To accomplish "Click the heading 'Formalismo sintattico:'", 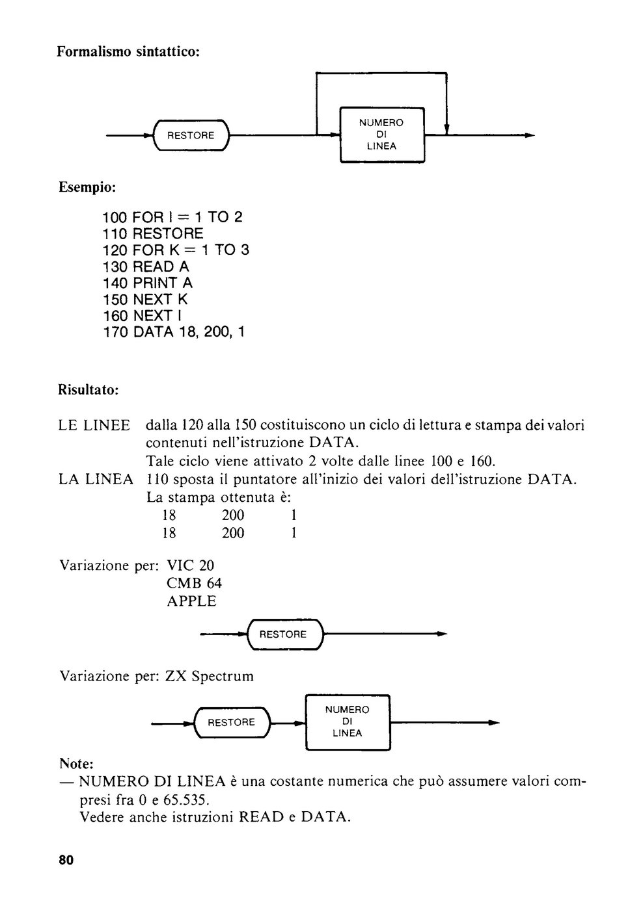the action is [x=128, y=52].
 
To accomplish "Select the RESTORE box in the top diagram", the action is [x=191, y=135].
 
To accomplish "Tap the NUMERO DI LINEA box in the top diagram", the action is [x=382, y=135].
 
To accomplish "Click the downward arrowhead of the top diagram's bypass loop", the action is [x=446, y=129].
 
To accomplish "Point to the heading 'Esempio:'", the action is [x=87, y=187].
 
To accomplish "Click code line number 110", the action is [x=115, y=233].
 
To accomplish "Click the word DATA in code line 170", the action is [x=154, y=332].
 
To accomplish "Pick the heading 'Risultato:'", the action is [x=89, y=389].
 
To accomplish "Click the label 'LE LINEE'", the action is [x=94, y=425].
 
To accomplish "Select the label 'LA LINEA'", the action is [x=96, y=479].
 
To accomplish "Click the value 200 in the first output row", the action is [x=233, y=515].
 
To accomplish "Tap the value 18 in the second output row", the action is [x=169, y=532].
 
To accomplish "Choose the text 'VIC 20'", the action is [x=190, y=565].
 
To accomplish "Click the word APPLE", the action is [x=191, y=601].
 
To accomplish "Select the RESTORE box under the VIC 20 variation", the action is [x=285, y=634].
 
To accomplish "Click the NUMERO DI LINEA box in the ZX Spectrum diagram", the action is [x=348, y=722].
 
